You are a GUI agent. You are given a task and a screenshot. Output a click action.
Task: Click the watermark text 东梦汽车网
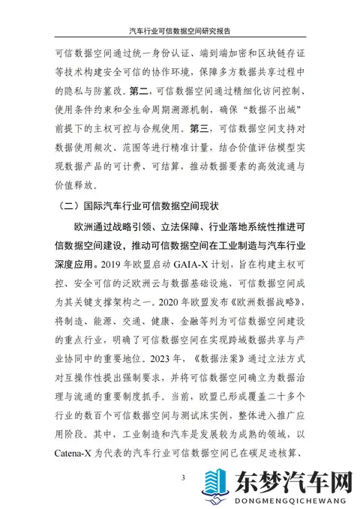292,478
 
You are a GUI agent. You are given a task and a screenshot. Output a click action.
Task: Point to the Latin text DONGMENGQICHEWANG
293,500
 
